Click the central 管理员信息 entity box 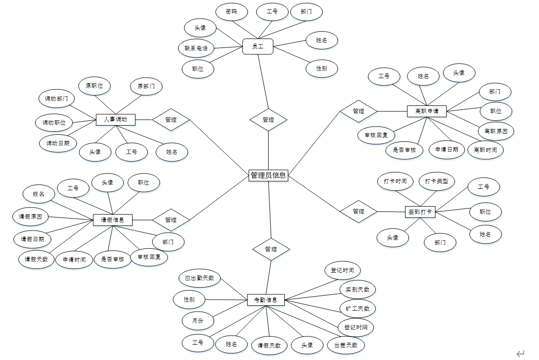(x=268, y=175)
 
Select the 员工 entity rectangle (x=258, y=46)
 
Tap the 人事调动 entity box (x=115, y=119)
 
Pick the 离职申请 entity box (x=427, y=111)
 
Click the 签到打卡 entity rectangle (x=420, y=211)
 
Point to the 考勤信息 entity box (x=266, y=300)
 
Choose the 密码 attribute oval (x=231, y=12)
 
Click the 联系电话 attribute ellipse (x=196, y=48)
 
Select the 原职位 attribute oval (x=95, y=86)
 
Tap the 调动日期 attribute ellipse (x=58, y=143)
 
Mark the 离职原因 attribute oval (x=496, y=131)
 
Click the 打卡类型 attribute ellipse (x=436, y=181)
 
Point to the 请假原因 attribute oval (x=31, y=217)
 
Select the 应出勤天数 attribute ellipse (x=200, y=278)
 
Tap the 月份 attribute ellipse (x=198, y=320)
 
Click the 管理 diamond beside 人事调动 (x=171, y=120)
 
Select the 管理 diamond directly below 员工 (x=268, y=120)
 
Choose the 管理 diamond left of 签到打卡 (x=359, y=211)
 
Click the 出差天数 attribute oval (x=346, y=345)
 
